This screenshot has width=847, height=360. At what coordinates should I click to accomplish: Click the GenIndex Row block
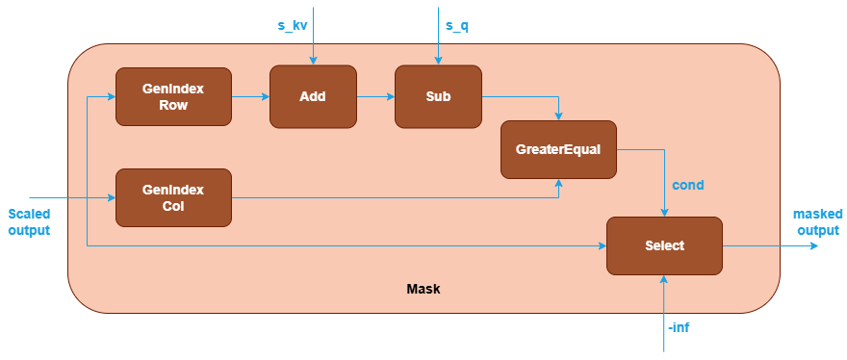[x=173, y=96]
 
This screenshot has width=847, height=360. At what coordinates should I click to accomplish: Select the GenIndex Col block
[x=173, y=197]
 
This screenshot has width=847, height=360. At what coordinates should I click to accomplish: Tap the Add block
[x=313, y=96]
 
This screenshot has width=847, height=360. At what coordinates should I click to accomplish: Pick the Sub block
[x=438, y=96]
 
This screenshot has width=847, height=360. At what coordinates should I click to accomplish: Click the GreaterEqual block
[x=558, y=149]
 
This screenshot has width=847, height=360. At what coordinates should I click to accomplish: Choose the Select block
[x=664, y=245]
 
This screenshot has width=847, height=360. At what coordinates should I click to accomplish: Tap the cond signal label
[x=687, y=184]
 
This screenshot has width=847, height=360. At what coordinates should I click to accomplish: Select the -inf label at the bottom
[x=679, y=328]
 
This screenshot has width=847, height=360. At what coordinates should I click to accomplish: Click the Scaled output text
[x=28, y=221]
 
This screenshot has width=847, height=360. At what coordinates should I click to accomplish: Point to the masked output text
[x=817, y=221]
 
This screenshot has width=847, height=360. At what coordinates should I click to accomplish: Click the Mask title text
[x=423, y=289]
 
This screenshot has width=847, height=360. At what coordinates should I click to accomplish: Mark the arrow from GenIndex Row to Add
[x=250, y=96]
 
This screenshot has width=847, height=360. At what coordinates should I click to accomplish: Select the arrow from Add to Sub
[x=375, y=96]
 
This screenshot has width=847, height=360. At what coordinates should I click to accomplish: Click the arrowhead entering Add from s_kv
[x=313, y=61]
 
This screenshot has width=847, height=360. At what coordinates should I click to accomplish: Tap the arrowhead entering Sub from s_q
[x=438, y=61]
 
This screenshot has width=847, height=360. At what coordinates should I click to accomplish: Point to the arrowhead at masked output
[x=813, y=245]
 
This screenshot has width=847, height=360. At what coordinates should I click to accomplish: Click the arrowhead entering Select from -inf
[x=664, y=279]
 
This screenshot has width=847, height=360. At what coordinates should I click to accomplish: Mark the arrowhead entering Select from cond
[x=664, y=213]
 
